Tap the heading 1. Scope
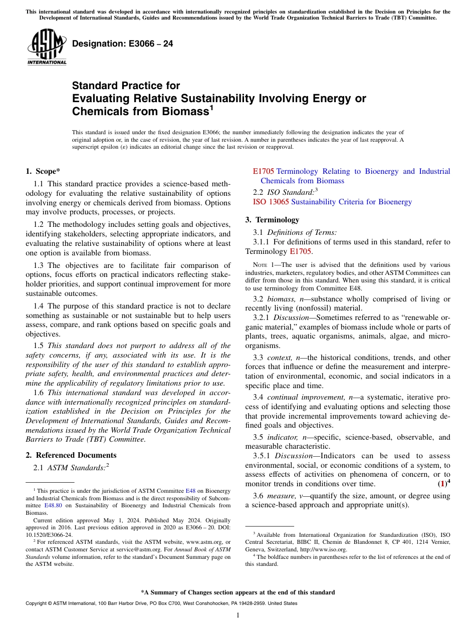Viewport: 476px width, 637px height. click(x=43, y=171)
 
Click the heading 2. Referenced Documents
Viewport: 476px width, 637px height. click(x=71, y=455)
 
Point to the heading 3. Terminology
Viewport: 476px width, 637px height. click(x=272, y=219)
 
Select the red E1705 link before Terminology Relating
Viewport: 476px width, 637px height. click(x=264, y=171)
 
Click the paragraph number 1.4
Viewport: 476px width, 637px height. click(x=39, y=305)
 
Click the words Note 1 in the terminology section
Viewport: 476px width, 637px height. click(x=263, y=265)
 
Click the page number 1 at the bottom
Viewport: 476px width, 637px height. click(x=237, y=615)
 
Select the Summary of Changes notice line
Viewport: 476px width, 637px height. click(x=237, y=592)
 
